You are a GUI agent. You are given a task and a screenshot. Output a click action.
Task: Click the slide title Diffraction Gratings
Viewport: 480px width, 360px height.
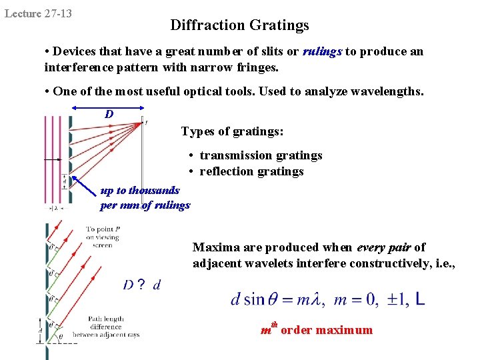pos(239,25)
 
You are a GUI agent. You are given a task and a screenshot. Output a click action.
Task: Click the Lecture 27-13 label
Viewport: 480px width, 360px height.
pos(39,13)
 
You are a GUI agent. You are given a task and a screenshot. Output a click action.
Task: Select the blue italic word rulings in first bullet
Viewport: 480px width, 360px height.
pos(323,51)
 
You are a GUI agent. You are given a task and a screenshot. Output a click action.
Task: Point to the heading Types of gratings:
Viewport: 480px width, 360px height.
pos(232,131)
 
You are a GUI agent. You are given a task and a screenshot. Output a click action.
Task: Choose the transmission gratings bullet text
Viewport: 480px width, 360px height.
pos(261,155)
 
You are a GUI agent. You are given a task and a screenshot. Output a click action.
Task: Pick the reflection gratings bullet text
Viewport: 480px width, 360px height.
pos(251,171)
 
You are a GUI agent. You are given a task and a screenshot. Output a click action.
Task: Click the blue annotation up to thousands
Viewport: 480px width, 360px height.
pos(140,191)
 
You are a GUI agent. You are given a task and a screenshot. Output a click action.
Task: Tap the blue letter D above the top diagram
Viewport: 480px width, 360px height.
pos(109,114)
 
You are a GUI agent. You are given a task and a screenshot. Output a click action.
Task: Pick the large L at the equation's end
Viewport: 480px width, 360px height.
pos(420,300)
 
